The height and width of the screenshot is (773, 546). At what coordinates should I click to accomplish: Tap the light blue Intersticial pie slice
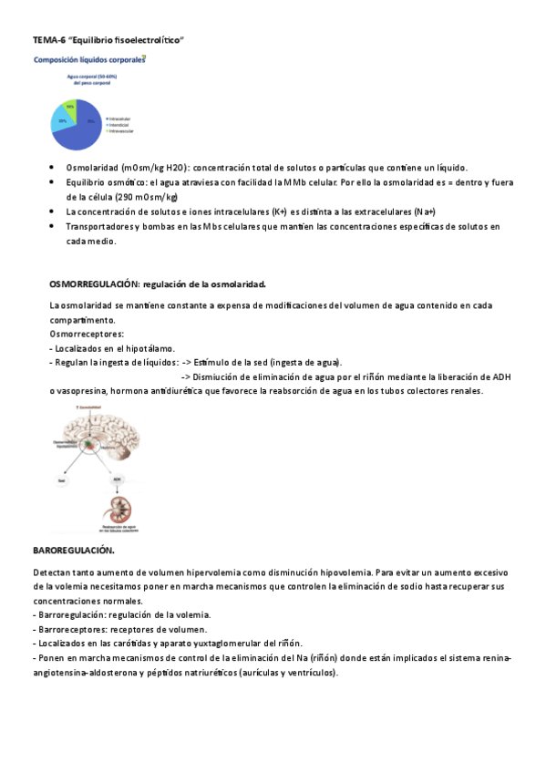(61, 118)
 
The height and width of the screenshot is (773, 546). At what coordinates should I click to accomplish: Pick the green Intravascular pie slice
(70, 106)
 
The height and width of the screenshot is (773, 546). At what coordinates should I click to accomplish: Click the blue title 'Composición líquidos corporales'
(88, 60)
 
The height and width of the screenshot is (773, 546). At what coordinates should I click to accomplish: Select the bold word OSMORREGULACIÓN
(92, 284)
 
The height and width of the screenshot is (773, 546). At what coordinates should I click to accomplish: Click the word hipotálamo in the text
(150, 348)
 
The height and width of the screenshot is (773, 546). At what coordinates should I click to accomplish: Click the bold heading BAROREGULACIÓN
(73, 551)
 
